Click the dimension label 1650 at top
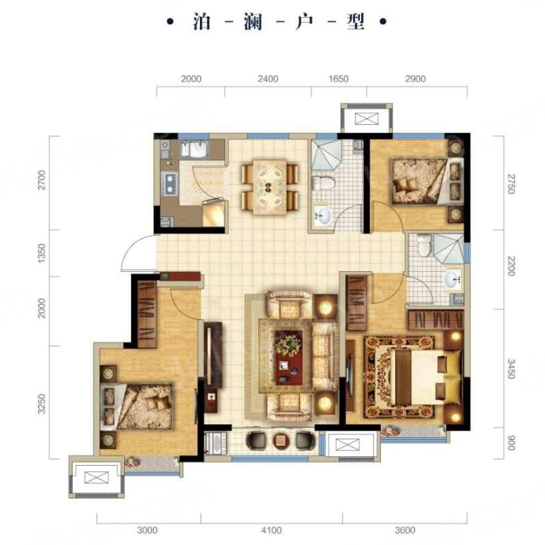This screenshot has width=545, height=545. tap(338, 79)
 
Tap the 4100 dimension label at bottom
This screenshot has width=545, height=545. tap(271, 530)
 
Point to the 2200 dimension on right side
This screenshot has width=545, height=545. tap(511, 266)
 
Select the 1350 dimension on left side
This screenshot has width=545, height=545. tap(41, 253)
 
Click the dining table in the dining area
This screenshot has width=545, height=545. tap(270, 187)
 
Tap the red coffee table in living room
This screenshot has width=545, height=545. tap(288, 357)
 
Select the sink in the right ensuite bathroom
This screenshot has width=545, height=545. tap(453, 279)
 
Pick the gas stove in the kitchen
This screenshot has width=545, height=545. tap(169, 184)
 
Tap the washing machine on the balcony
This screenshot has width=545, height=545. tap(216, 443)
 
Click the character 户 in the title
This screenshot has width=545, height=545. tap(304, 22)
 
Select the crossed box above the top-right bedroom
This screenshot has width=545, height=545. tap(366, 119)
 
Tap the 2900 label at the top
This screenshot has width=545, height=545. tap(416, 79)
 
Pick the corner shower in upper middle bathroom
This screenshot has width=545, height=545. tap(326, 155)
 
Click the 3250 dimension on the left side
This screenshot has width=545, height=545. tap(41, 404)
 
